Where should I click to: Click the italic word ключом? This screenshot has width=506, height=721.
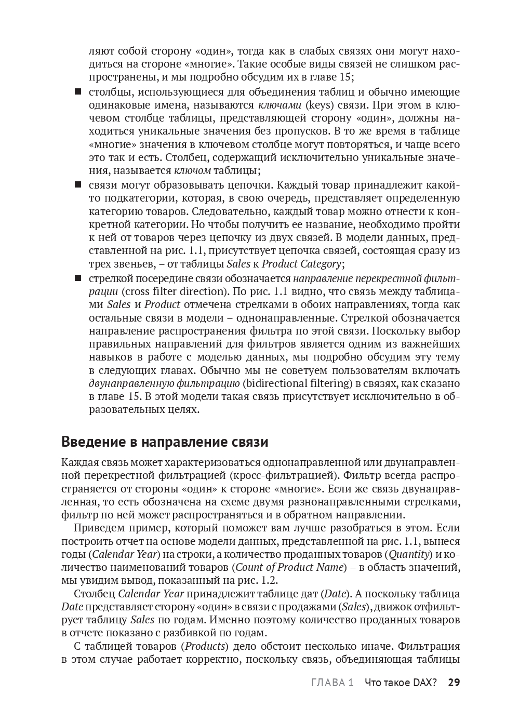192,170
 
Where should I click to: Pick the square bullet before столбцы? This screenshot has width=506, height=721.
78,92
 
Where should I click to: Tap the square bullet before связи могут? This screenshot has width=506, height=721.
78,184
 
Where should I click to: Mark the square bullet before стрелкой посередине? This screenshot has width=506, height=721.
78,278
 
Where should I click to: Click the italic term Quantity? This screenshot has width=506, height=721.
409,554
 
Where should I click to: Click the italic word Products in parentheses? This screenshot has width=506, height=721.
206,646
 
